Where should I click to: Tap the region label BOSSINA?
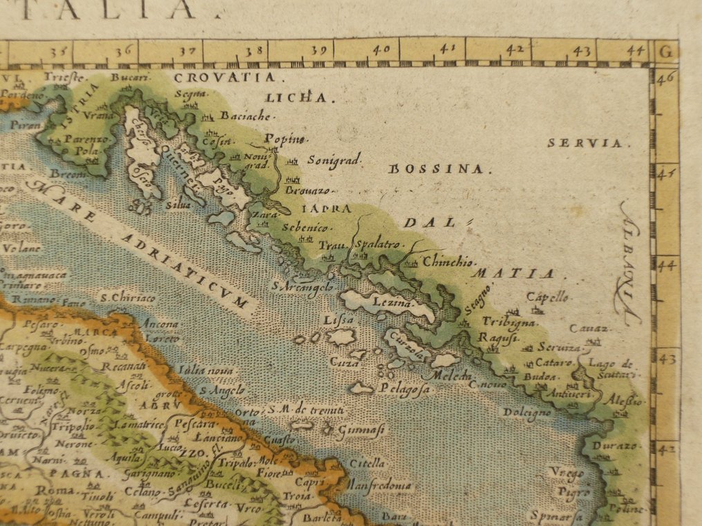[x=439, y=168]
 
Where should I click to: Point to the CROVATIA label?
[x=224, y=78]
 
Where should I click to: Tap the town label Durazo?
[x=612, y=447]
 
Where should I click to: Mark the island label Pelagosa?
[x=404, y=389]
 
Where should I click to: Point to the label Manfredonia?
[x=379, y=485]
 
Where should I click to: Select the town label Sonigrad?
[x=334, y=160]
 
